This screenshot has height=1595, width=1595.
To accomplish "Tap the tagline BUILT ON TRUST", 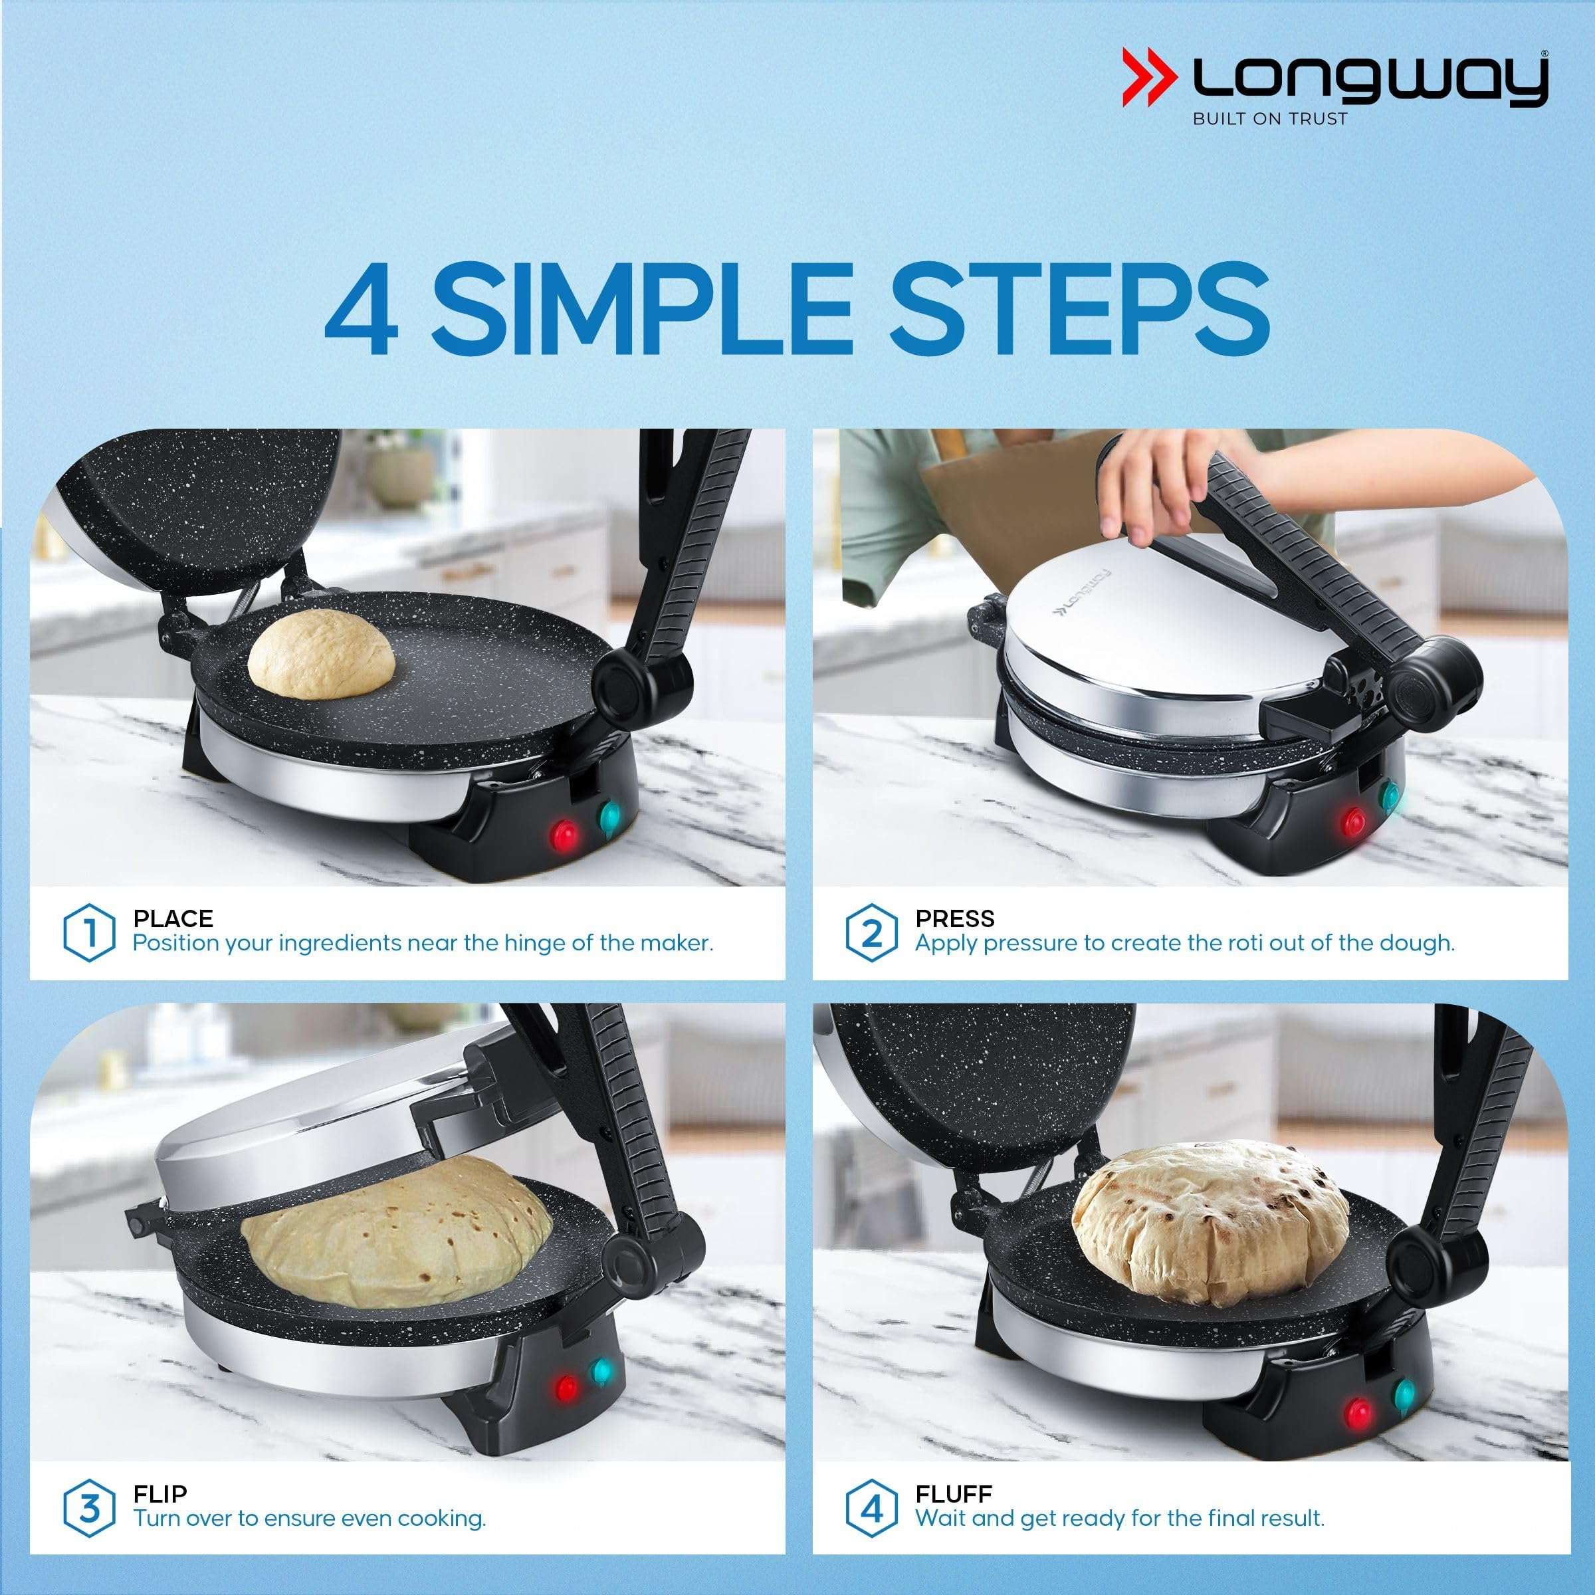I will click(1270, 119).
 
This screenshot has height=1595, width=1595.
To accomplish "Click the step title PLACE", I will click(173, 918).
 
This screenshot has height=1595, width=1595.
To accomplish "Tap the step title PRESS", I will click(955, 918).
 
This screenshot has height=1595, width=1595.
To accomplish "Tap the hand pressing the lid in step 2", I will click(1148, 495).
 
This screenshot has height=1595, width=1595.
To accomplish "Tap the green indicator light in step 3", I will click(603, 1370).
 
